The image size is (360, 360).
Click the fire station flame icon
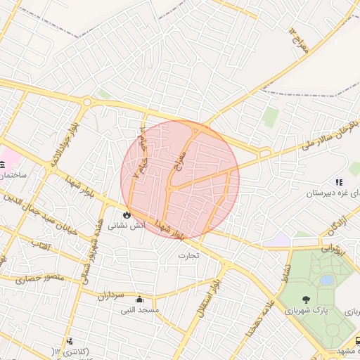coord(127,215)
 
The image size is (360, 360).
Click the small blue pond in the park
coord(327,280)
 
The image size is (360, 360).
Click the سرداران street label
coord(110,296)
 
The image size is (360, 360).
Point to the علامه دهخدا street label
coord(251,316)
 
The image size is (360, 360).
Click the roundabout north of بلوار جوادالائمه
coord(87,102)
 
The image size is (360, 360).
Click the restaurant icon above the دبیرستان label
coord(339,182)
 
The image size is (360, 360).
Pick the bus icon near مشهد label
coord(359,340)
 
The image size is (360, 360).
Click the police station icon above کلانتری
coord(70,342)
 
